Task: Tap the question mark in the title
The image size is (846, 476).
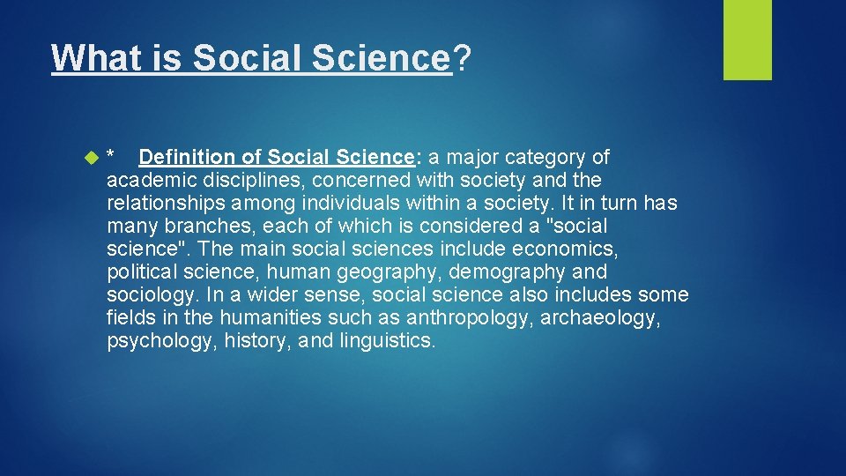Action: [x=462, y=59]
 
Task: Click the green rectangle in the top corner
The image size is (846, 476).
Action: [x=747, y=40]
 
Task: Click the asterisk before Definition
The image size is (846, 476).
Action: [x=110, y=156]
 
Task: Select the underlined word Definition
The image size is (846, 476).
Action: [x=187, y=158]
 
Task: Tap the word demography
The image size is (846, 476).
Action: [x=511, y=272]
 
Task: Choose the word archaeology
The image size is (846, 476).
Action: [x=599, y=318]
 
